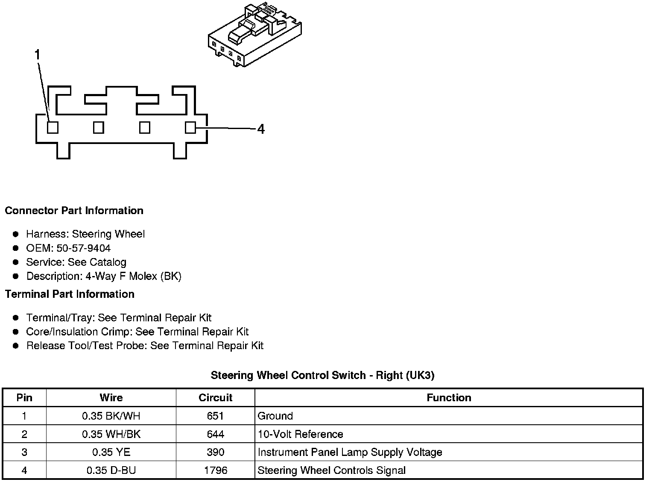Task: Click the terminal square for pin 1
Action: (x=53, y=127)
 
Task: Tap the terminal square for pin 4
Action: (x=190, y=127)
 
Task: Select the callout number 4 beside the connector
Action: (x=261, y=129)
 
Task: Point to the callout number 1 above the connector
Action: (x=38, y=55)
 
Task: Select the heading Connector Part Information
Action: (x=74, y=211)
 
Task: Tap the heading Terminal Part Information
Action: (x=70, y=294)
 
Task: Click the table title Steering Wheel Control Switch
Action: (x=322, y=375)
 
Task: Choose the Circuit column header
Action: (x=215, y=398)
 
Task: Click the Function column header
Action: (x=449, y=398)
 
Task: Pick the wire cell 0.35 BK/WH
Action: (x=111, y=416)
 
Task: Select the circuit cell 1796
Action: (x=215, y=470)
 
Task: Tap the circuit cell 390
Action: (x=215, y=452)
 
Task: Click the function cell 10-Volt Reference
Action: (x=300, y=434)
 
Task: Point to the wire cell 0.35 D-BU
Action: (x=111, y=470)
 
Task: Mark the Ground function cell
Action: (x=275, y=416)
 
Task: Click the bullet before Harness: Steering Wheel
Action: (x=16, y=234)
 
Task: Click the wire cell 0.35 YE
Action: (x=111, y=452)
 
